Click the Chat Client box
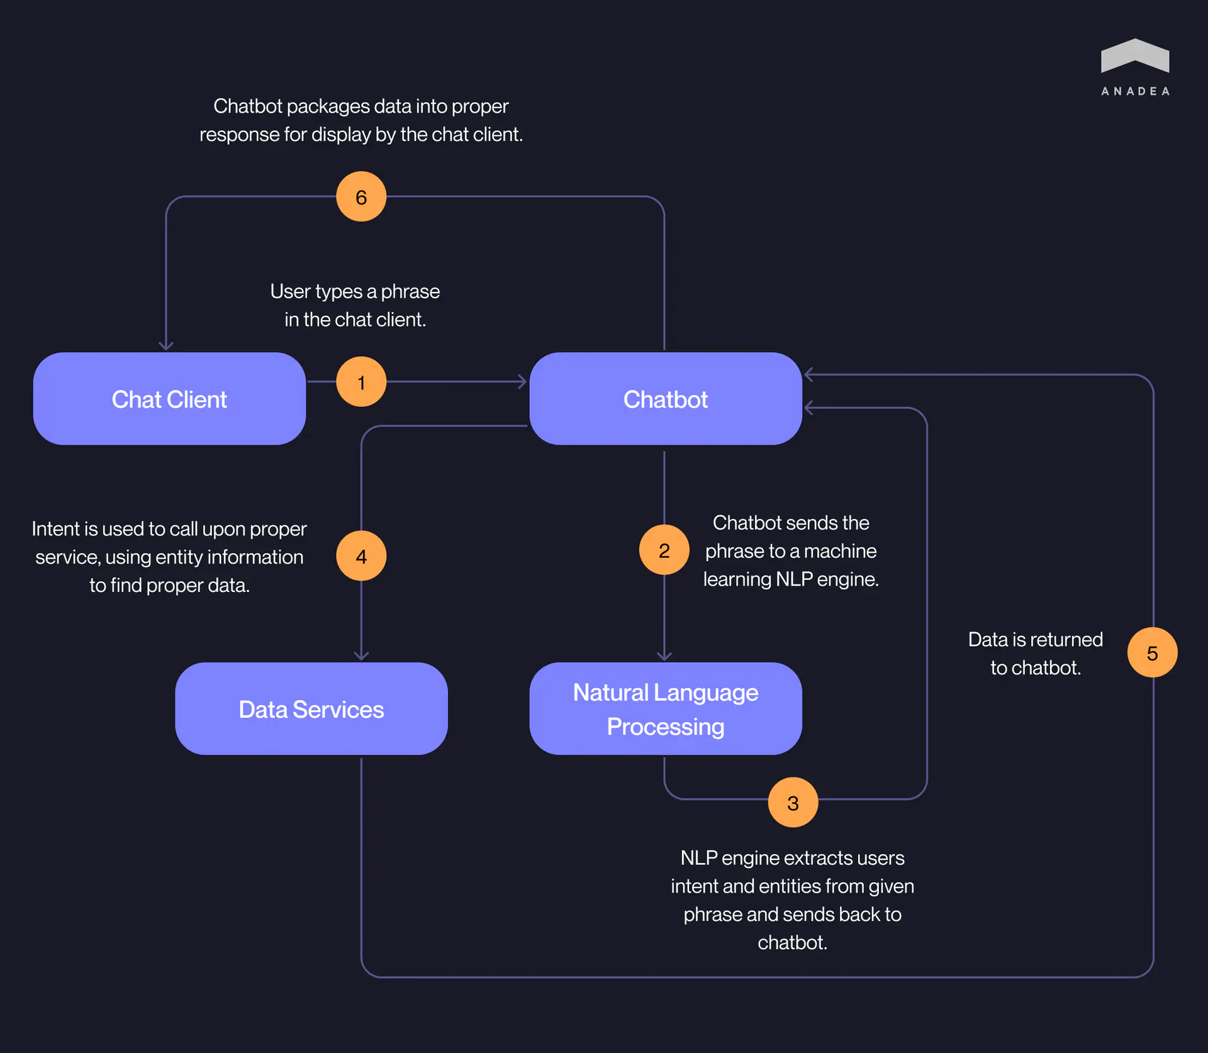[x=169, y=399]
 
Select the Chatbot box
[x=665, y=399]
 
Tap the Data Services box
[x=311, y=709]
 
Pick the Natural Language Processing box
[x=665, y=709]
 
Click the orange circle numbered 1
[x=361, y=382]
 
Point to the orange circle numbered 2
[x=664, y=550]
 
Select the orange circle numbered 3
[x=793, y=803]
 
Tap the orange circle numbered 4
[x=361, y=556]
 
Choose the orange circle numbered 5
[x=1152, y=653]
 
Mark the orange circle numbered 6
[x=361, y=197]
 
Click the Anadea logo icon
[x=1135, y=56]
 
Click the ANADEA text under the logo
[x=1135, y=92]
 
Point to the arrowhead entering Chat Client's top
[x=166, y=345]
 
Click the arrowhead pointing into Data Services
[x=361, y=656]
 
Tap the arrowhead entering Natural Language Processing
[x=664, y=656]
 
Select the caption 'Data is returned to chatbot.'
[x=1035, y=654]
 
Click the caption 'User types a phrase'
[x=355, y=292]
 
